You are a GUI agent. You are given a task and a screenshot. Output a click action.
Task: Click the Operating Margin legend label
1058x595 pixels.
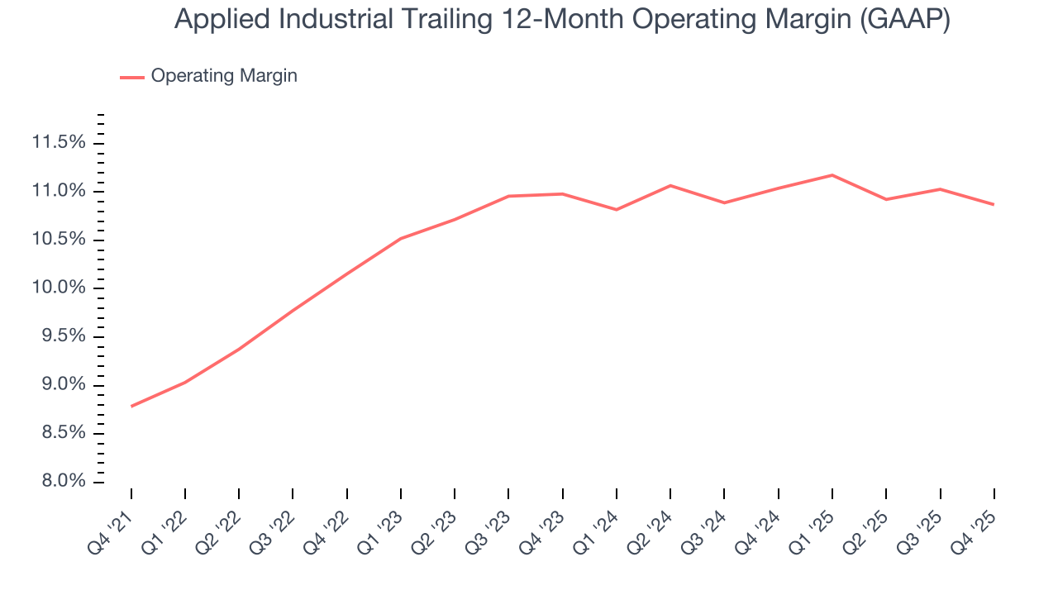[224, 76]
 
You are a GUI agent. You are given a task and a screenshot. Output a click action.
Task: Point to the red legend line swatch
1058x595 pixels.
[132, 77]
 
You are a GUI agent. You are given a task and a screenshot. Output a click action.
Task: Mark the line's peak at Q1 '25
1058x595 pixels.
[832, 175]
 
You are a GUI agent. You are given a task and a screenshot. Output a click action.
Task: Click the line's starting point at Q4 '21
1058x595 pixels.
[131, 406]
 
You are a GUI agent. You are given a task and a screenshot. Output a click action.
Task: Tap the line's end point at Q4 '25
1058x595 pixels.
[993, 204]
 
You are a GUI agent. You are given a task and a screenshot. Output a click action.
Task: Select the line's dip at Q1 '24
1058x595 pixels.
[617, 210]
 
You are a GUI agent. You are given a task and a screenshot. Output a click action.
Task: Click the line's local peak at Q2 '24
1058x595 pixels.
[670, 185]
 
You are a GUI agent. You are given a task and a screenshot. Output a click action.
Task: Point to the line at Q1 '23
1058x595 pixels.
[401, 239]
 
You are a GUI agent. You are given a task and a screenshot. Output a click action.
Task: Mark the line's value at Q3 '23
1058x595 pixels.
[508, 196]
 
